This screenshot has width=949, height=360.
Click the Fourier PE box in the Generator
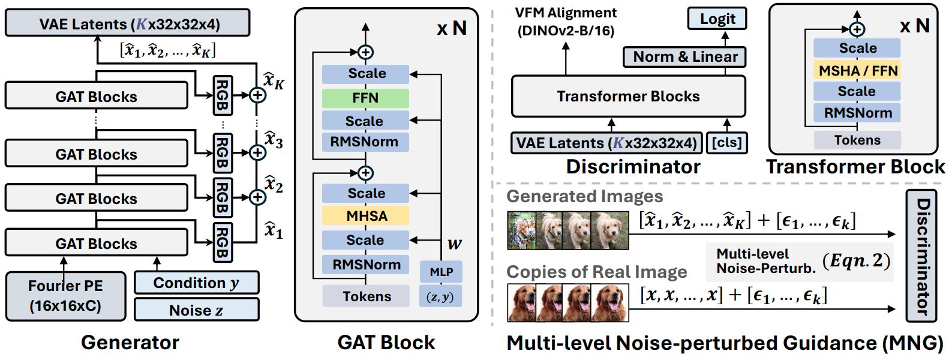pos(65,296)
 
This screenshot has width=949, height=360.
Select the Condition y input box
pos(196,283)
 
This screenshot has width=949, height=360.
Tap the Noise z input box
pos(196,310)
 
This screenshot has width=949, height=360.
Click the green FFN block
pos(365,98)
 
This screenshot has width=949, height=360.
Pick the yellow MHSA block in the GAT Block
pos(365,215)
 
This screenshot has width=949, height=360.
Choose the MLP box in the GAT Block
pos(441,272)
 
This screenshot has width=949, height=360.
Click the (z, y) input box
pos(440,296)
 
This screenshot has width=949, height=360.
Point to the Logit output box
pos(717,19)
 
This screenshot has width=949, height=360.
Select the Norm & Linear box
pos(685,57)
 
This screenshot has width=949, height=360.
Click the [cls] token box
pos(726,143)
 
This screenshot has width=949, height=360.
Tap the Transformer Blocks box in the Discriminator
pos(628,96)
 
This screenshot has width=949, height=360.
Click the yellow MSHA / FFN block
pos(857,70)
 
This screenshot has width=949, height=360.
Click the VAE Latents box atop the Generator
pos(127,24)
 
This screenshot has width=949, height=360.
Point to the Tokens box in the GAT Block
pos(367,296)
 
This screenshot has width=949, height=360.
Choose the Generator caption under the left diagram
pos(130,343)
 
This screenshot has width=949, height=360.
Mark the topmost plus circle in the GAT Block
pos(365,52)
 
